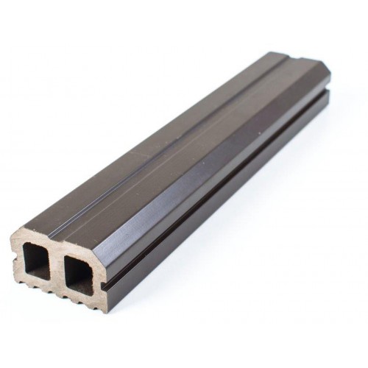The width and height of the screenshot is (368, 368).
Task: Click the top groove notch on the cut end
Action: point(57,241)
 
